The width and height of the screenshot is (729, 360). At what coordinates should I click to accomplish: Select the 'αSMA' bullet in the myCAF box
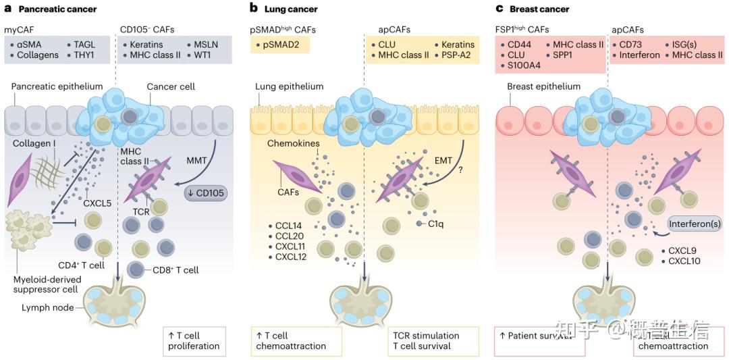point(32,45)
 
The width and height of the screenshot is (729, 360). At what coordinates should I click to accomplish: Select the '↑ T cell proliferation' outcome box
point(193,340)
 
